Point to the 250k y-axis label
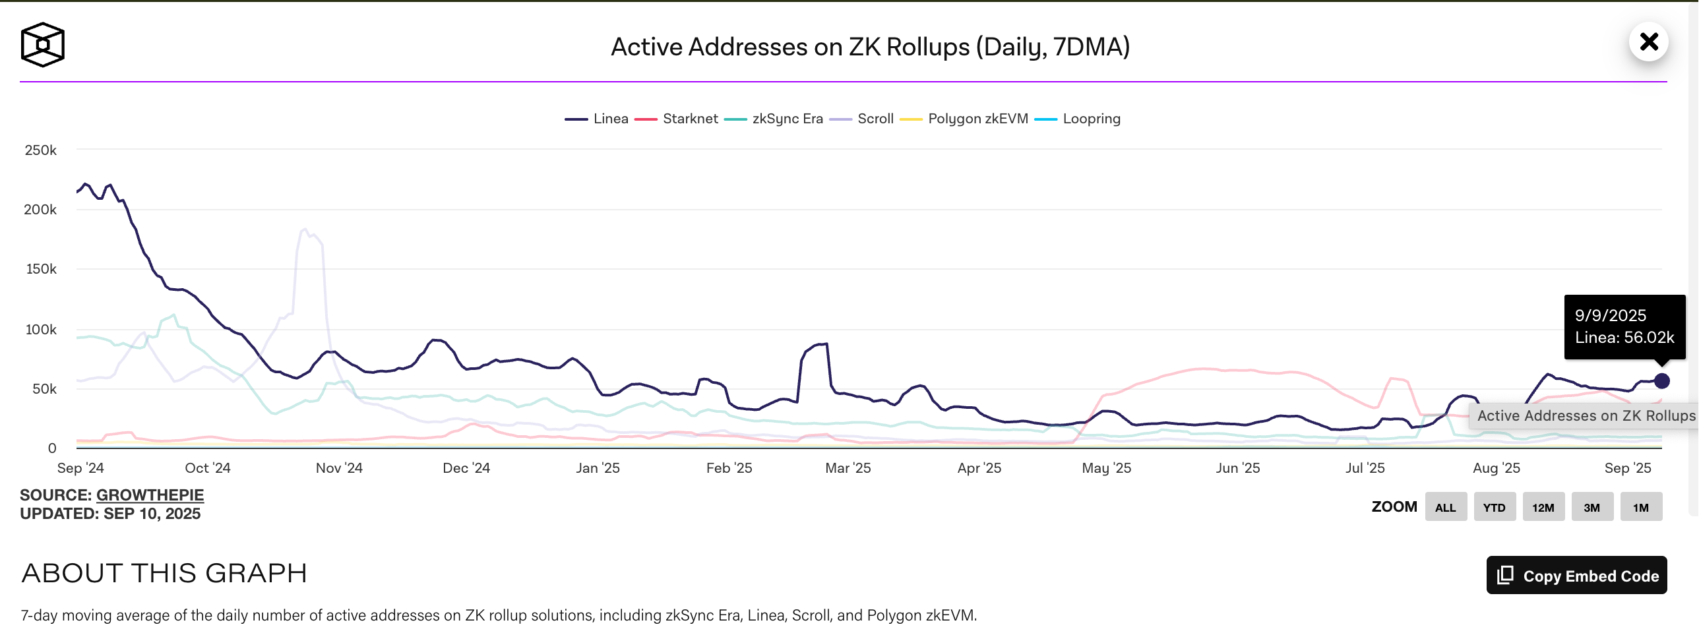tap(41, 150)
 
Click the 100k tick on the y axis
tap(41, 329)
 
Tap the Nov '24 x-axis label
tap(339, 468)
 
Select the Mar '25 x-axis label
tap(848, 468)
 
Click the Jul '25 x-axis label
tap(1365, 468)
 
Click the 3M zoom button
tap(1591, 507)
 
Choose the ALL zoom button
tap(1445, 507)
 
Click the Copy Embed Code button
tap(1576, 576)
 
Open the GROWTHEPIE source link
tap(150, 495)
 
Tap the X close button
tap(1648, 42)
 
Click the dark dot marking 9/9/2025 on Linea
tap(1661, 381)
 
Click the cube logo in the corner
tap(43, 45)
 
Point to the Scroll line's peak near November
tap(304, 229)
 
